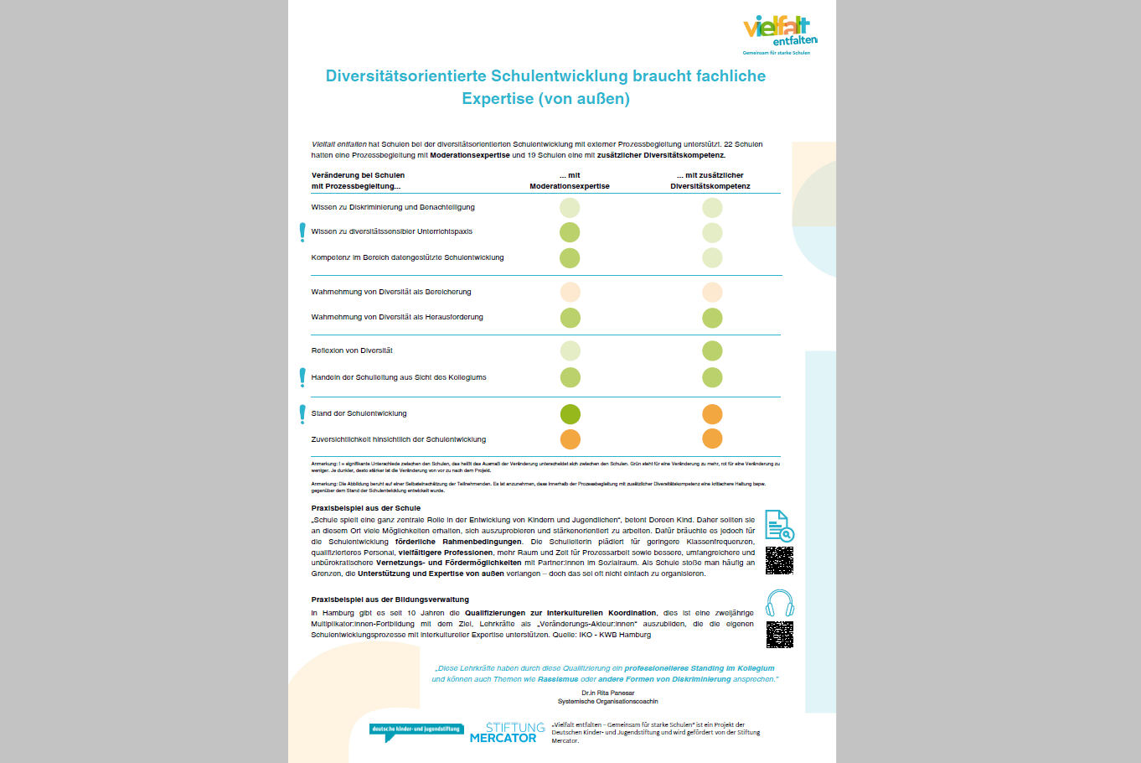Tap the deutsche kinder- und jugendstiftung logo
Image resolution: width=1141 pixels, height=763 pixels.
tap(416, 730)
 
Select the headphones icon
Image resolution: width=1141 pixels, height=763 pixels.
tap(779, 604)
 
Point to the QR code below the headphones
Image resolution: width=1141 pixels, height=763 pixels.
tap(779, 635)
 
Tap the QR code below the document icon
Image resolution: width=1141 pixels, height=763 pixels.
tap(779, 560)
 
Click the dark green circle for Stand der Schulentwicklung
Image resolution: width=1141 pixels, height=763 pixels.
tap(570, 414)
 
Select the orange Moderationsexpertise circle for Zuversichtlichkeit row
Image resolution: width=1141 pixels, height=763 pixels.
tap(570, 439)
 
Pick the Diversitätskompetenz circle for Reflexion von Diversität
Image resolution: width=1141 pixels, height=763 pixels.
tap(712, 350)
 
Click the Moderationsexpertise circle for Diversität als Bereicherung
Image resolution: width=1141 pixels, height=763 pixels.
tap(570, 292)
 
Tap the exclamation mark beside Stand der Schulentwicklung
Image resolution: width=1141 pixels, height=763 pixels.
tap(302, 413)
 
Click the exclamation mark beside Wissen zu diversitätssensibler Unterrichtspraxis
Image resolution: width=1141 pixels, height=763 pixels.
tap(302, 232)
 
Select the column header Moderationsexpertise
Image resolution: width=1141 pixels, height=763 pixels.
tap(570, 186)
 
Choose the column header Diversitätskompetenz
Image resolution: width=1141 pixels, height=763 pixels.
tap(710, 186)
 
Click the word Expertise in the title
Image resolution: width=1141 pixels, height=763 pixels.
tap(497, 99)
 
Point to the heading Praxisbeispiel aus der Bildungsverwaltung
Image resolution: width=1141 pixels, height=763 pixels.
tap(390, 599)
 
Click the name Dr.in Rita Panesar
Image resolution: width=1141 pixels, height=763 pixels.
tap(608, 693)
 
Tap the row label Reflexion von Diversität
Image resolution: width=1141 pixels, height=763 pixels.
tap(352, 350)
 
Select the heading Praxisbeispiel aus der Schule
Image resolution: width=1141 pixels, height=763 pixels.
tap(366, 508)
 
